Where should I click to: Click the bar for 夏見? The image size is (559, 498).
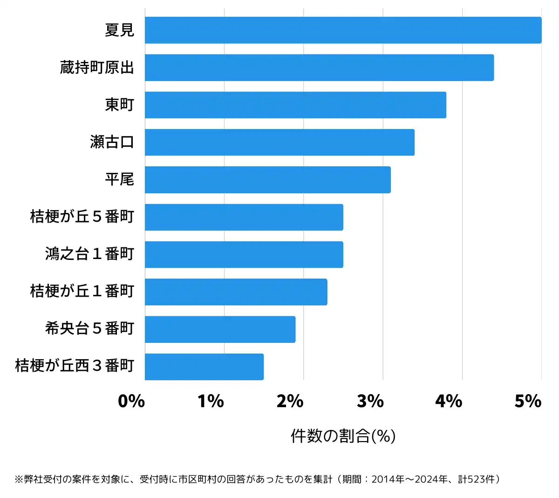click(343, 30)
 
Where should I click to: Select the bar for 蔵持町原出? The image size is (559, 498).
click(319, 68)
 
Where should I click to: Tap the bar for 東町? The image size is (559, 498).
click(295, 105)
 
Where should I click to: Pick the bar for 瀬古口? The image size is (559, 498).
click(279, 142)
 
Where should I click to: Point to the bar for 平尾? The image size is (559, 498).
click(267, 179)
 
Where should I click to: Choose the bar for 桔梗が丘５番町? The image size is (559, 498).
click(244, 217)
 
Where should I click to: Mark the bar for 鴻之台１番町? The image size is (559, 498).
click(244, 254)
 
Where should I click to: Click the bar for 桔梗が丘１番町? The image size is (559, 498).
click(236, 292)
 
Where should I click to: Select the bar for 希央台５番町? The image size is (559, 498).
click(220, 329)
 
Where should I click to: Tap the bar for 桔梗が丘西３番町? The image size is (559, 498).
click(204, 367)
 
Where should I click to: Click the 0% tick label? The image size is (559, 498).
click(131, 401)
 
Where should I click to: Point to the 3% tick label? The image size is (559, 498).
click(370, 401)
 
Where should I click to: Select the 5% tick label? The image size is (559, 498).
click(528, 401)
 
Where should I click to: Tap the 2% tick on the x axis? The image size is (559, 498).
click(290, 401)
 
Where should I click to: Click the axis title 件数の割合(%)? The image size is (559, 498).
click(343, 436)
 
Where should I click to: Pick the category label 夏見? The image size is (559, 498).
click(119, 30)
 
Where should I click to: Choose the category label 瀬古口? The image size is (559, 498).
click(112, 142)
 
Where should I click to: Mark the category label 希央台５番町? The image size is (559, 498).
click(89, 329)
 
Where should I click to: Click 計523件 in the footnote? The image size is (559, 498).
click(477, 479)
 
